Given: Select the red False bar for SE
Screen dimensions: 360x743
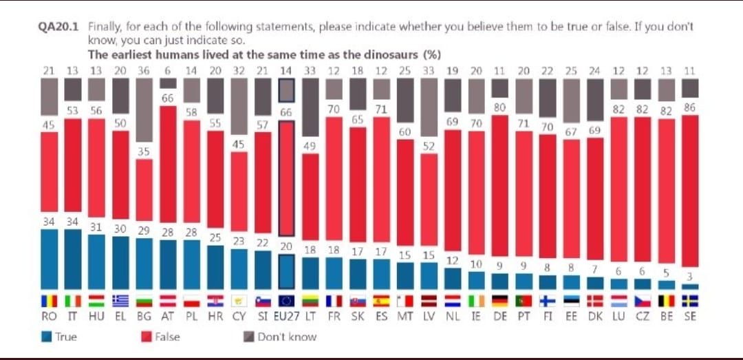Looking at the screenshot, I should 690,191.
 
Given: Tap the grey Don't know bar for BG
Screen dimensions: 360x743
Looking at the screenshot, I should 144,109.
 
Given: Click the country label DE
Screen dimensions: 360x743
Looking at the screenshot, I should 500,317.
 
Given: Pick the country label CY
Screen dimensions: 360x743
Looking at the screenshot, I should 239,317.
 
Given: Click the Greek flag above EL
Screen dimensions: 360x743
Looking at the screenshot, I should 120,301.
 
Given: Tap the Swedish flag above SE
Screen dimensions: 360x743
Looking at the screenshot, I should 690,301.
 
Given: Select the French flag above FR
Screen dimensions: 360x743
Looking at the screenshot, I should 334,301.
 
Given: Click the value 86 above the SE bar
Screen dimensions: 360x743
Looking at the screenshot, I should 690,107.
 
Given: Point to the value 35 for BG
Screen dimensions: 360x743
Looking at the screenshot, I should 143,151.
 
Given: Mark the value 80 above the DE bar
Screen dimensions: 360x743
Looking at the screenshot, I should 500,107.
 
